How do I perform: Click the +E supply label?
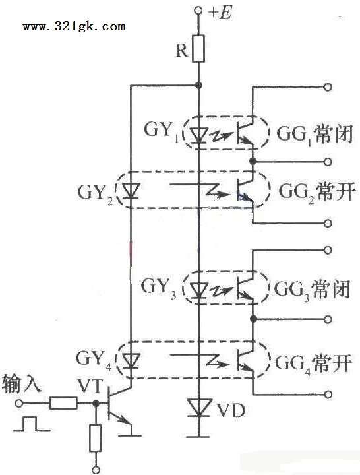(x=221, y=12)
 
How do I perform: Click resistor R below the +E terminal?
(x=198, y=48)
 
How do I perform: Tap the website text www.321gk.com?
(x=75, y=26)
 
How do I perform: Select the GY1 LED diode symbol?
(x=198, y=135)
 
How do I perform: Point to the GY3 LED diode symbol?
(x=198, y=290)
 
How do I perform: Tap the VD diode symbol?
(x=199, y=408)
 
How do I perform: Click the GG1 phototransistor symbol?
(x=245, y=133)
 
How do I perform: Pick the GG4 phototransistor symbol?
(x=245, y=360)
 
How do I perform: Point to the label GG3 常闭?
(x=313, y=290)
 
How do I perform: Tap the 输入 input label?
(x=21, y=385)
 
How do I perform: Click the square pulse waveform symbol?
(x=32, y=424)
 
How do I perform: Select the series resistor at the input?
(x=63, y=403)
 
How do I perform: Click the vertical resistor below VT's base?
(x=96, y=438)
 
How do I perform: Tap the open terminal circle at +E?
(x=198, y=11)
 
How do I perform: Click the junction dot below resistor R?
(x=198, y=86)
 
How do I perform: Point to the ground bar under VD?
(x=198, y=437)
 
